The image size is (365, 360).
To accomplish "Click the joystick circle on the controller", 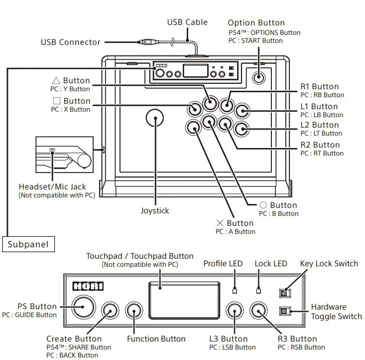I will click(x=155, y=118).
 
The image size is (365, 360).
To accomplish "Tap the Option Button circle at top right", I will click(x=258, y=77).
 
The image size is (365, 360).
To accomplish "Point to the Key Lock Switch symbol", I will click(x=284, y=293).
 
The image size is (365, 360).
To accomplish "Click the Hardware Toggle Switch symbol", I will click(x=284, y=312).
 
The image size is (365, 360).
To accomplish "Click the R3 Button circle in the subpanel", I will click(x=258, y=312).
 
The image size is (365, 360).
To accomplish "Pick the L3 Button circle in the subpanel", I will click(x=235, y=312).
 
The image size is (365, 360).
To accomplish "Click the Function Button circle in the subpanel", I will click(x=134, y=312).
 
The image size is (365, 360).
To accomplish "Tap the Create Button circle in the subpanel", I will click(x=110, y=312).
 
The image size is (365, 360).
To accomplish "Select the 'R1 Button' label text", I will click(x=319, y=86).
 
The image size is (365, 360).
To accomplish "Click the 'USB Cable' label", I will click(x=187, y=22).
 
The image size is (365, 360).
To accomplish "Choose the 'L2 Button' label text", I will click(x=319, y=125).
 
